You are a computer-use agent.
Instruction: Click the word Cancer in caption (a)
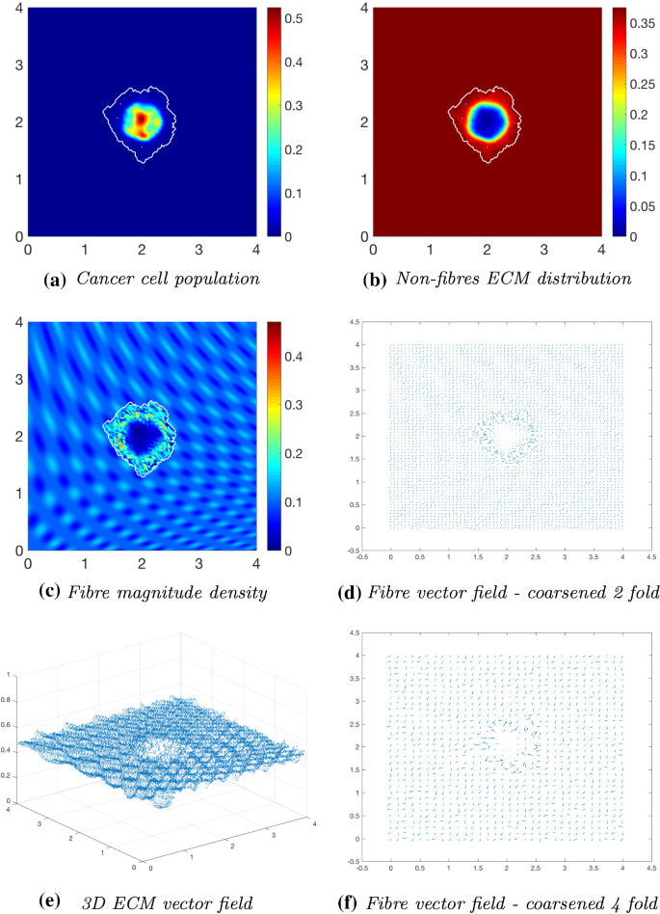coord(100,281)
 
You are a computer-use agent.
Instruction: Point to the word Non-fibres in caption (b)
coord(438,281)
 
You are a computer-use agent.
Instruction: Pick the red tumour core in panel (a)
coord(141,121)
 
